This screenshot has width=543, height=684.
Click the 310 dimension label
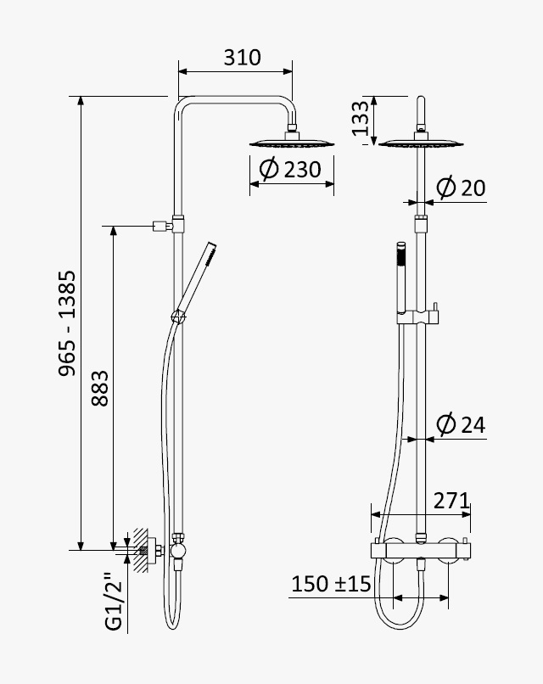coord(242,58)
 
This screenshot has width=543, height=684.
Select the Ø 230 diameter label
coord(290,169)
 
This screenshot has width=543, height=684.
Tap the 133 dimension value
coord(361,118)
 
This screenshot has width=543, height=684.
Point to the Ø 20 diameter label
coord(461,188)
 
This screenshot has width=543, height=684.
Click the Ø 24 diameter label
coord(461,424)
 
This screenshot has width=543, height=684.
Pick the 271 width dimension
coord(451,501)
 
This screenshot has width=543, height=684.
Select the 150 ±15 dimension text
coord(331,584)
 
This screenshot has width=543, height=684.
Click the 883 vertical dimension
coord(100,388)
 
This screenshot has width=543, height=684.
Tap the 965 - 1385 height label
coord(68,323)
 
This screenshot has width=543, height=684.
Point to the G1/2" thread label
coord(115,602)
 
